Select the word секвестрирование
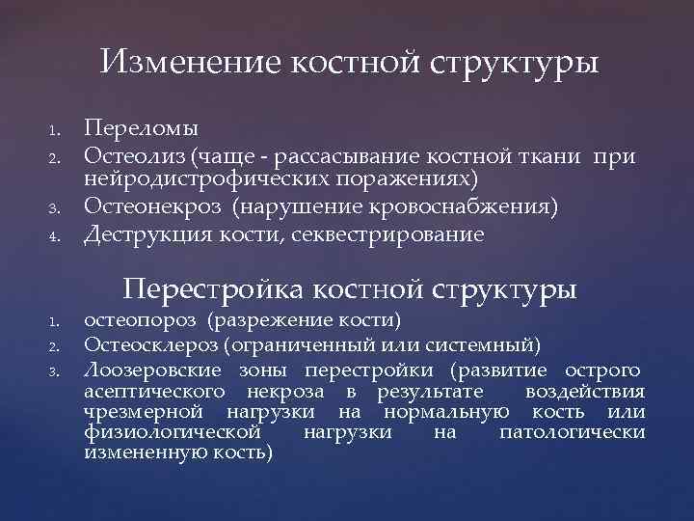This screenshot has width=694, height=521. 391,233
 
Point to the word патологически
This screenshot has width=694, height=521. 572,433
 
